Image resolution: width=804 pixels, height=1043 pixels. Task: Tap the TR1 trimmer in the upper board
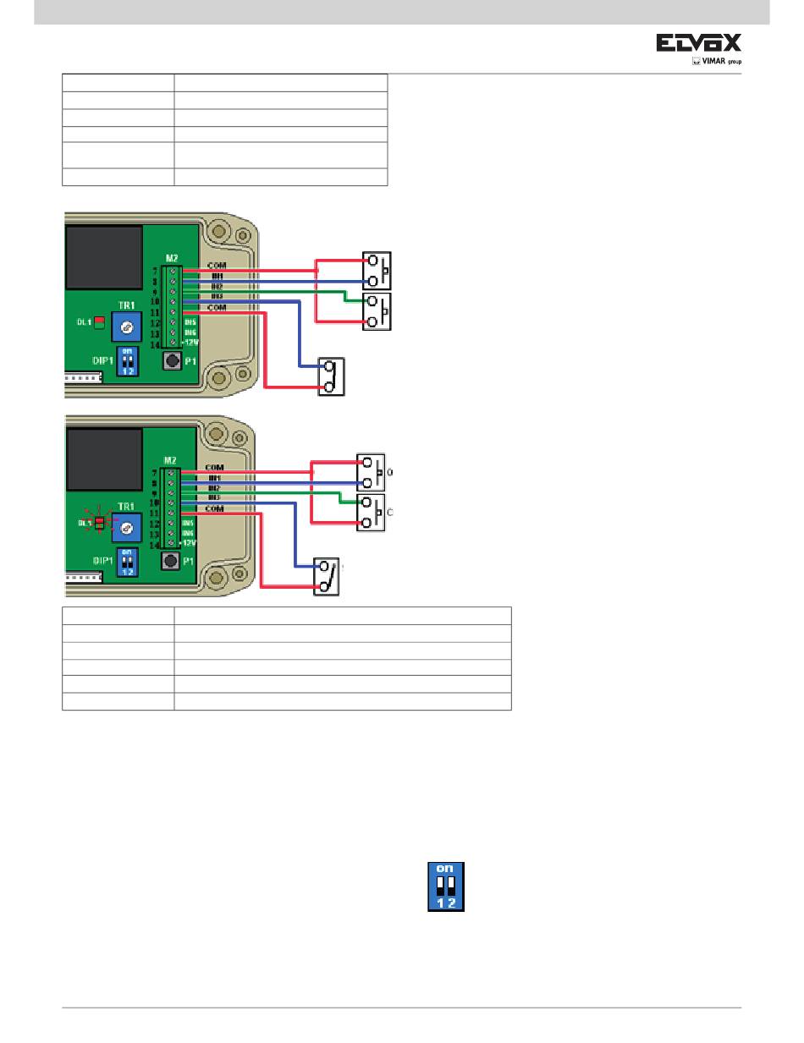(126, 327)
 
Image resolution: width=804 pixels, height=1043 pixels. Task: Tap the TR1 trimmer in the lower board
(126, 528)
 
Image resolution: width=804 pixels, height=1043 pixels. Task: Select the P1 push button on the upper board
(173, 362)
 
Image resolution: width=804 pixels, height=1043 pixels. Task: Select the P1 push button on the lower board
(171, 560)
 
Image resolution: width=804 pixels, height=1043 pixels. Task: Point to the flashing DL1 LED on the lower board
(99, 524)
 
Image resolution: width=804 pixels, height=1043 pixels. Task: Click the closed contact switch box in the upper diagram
(331, 377)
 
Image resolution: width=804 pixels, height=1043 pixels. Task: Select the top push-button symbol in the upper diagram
(377, 271)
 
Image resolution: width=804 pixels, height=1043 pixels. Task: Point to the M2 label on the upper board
(172, 259)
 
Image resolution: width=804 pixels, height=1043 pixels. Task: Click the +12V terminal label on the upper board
(191, 343)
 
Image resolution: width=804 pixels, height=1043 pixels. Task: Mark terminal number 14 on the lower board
(155, 546)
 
